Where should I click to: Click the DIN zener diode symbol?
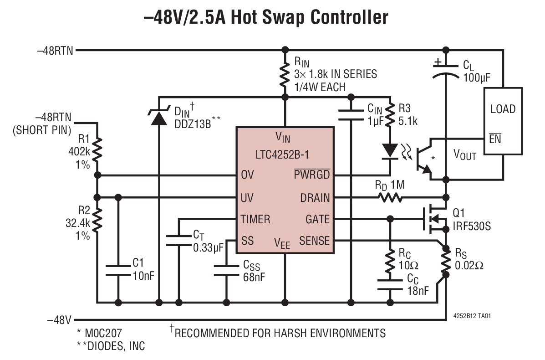[x=158, y=118]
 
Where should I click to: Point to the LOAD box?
[x=503, y=120]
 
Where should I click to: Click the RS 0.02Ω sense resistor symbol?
[x=446, y=260]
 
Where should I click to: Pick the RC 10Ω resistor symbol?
[x=390, y=260]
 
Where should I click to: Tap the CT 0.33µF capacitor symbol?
[x=179, y=241]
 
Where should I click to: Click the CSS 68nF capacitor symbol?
[x=226, y=269]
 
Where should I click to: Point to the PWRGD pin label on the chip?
[x=311, y=175]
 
